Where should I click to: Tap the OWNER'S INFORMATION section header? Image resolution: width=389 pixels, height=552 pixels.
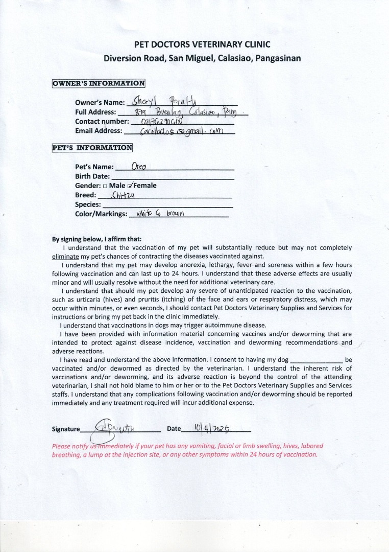[99, 83]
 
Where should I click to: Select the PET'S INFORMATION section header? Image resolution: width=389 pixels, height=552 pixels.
[92, 148]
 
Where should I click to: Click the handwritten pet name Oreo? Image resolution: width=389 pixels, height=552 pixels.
[139, 167]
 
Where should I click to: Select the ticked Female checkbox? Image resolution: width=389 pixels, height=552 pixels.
[131, 186]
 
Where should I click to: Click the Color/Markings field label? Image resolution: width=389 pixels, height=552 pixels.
[101, 214]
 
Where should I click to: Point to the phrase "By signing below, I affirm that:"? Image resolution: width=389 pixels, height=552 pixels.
[97, 239]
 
